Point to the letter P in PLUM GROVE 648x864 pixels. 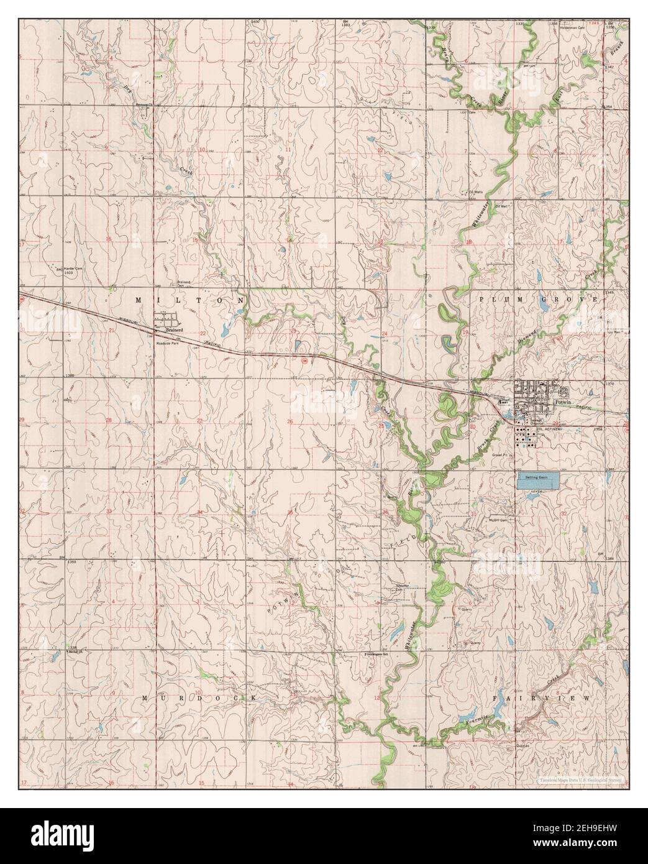point(481,300)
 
